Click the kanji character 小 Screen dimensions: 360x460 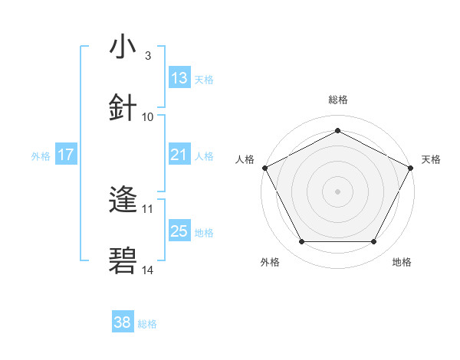[x=123, y=47]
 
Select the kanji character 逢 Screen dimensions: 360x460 [x=123, y=201]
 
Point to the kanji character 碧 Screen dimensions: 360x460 [x=123, y=261]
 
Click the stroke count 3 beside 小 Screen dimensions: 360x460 [x=147, y=56]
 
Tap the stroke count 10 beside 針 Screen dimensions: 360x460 [x=148, y=116]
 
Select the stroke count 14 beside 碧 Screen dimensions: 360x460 [x=148, y=270]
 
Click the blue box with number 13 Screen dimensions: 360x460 [x=179, y=78]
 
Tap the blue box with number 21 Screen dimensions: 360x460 [x=179, y=155]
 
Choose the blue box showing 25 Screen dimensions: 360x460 [x=179, y=231]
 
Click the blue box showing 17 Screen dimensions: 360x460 [x=66, y=155]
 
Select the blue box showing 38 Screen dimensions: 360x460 [x=123, y=323]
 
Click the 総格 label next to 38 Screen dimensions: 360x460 [x=147, y=324]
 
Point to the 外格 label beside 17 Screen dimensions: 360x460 [x=41, y=156]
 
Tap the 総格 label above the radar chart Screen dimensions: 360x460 [x=337, y=100]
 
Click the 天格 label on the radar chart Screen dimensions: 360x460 [x=431, y=159]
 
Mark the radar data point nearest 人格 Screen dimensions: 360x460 [x=264, y=167]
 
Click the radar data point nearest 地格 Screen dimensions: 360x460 [x=374, y=242]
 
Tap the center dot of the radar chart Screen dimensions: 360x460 [x=337, y=191]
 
